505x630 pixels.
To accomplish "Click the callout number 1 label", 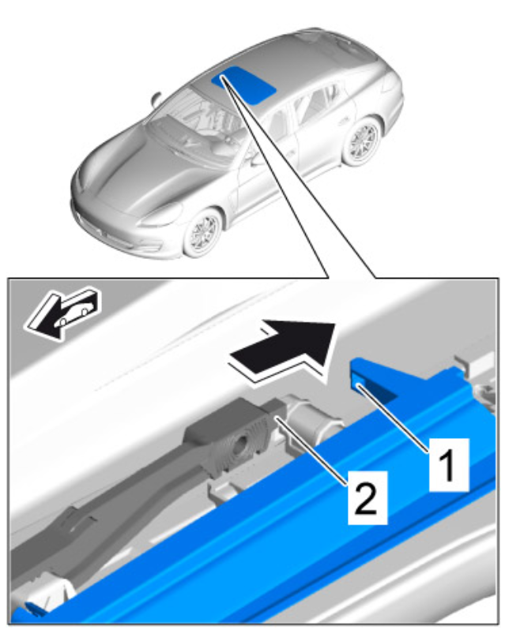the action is point(449,464).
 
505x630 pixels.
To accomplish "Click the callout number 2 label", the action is point(367,497).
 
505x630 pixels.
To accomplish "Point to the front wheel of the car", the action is point(202,234).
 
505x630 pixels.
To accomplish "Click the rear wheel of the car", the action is point(361,141).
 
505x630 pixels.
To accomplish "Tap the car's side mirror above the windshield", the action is point(156,99).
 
